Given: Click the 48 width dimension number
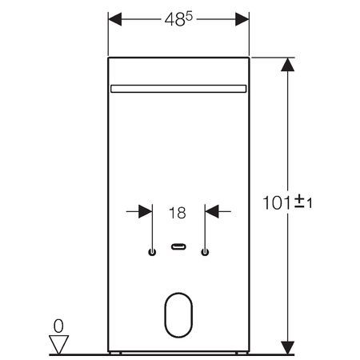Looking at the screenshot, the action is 174,20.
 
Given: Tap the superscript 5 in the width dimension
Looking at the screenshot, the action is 189,17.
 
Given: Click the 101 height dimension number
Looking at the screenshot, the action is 276,203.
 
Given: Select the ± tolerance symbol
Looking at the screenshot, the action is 300,202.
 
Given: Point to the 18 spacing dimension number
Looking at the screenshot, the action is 178,213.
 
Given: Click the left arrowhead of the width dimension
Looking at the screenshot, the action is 115,19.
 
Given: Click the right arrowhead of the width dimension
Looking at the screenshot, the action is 242,19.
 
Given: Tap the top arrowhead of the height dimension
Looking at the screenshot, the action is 287,65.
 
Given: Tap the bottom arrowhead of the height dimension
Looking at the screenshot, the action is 287,348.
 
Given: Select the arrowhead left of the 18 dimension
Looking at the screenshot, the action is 146,211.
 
